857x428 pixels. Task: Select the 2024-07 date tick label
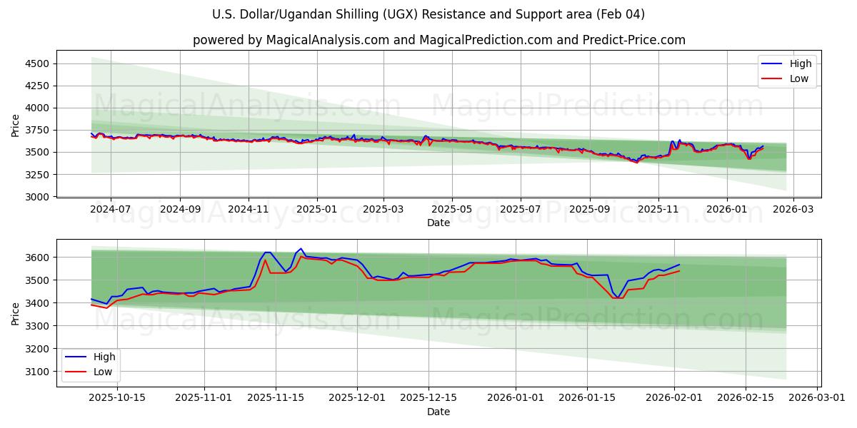(111, 210)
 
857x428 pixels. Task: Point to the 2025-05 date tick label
(452, 210)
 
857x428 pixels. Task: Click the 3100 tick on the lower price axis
(39, 372)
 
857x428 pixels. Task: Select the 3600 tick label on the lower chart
(39, 257)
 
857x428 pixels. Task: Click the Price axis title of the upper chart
(16, 125)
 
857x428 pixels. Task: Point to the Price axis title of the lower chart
(16, 313)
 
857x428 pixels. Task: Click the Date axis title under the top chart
(438, 223)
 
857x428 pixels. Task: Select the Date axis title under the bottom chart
(438, 412)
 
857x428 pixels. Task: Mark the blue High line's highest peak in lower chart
(301, 248)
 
